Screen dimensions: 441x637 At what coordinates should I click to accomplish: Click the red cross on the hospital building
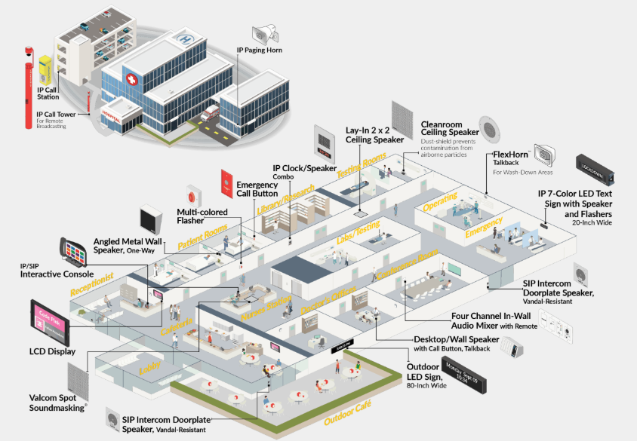134,79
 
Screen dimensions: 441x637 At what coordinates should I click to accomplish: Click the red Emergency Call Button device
226,182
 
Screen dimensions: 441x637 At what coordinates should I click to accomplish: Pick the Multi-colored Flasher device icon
195,195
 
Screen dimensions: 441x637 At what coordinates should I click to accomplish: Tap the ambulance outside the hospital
208,115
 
